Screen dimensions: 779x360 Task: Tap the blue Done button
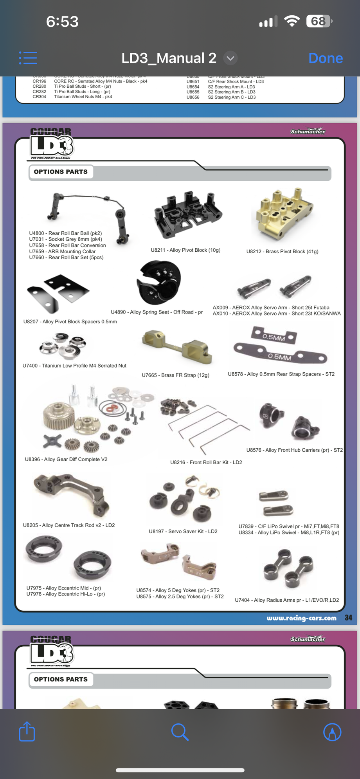(x=325, y=58)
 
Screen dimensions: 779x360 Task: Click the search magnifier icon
(x=180, y=732)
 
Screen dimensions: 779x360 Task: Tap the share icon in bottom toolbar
(x=27, y=732)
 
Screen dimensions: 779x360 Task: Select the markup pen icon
(x=332, y=732)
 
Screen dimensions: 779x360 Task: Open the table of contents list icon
(x=28, y=58)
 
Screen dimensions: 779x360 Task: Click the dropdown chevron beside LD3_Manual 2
(x=230, y=58)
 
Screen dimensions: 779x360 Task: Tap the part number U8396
(x=32, y=459)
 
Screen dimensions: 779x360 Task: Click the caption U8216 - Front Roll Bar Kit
(x=206, y=462)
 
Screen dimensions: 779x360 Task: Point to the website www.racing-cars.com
(x=301, y=618)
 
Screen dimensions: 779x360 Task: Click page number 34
(x=348, y=618)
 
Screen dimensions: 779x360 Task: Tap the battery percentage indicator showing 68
(x=319, y=21)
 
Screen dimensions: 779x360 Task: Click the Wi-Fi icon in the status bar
(x=292, y=21)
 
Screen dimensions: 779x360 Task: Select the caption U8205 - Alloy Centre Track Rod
(x=68, y=525)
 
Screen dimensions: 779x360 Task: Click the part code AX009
(x=220, y=308)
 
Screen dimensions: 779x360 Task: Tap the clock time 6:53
(x=62, y=22)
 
